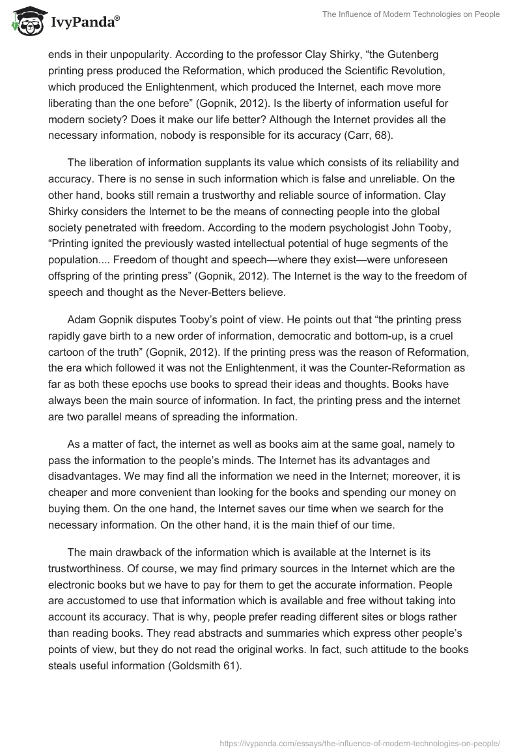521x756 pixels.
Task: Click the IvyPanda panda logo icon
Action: (x=25, y=22)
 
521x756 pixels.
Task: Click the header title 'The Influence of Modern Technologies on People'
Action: (x=411, y=14)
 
